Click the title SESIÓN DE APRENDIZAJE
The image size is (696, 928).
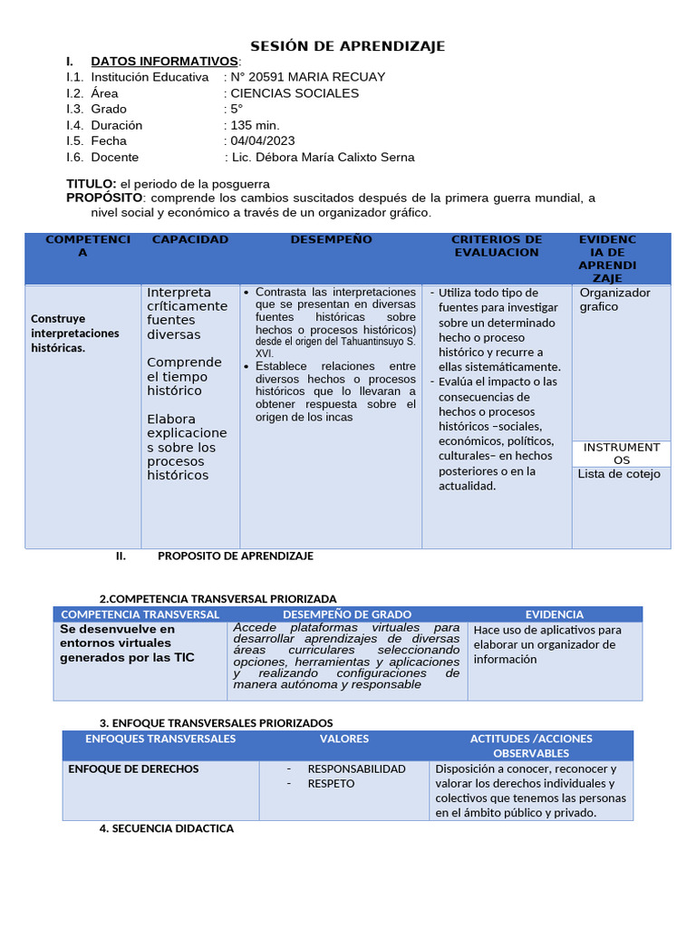(347, 46)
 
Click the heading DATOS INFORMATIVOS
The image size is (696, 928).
(164, 61)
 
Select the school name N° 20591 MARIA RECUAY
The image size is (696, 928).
(308, 77)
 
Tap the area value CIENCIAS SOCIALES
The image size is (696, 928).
(295, 93)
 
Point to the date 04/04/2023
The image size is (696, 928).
(263, 140)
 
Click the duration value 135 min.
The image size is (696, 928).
(256, 125)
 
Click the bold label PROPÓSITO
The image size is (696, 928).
(104, 198)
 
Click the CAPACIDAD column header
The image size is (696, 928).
(190, 240)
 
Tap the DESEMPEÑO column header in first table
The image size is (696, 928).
(331, 240)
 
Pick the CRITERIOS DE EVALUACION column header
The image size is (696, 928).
(497, 246)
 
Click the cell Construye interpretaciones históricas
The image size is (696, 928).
(75, 333)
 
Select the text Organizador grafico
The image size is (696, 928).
(614, 299)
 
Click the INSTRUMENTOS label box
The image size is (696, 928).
(622, 453)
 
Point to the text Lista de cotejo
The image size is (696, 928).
(619, 474)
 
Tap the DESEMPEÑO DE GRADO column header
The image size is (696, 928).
(347, 614)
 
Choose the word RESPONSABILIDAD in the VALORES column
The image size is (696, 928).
(356, 768)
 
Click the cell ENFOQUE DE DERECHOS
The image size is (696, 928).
(133, 768)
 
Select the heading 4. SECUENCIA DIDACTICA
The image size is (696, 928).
(166, 828)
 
